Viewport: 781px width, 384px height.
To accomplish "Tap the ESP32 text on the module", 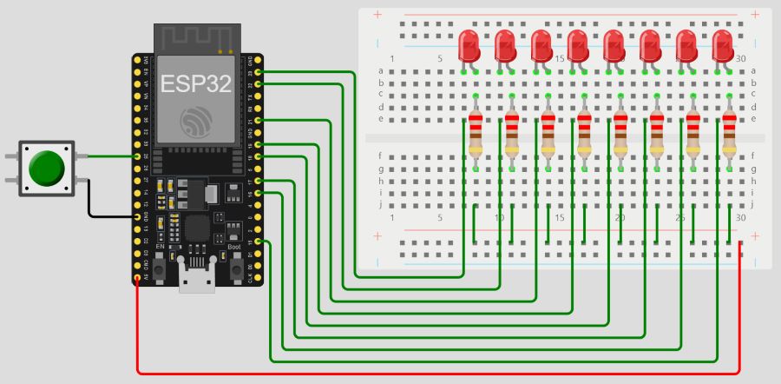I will click(195, 85).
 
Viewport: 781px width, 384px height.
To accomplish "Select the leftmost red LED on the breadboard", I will click(469, 45).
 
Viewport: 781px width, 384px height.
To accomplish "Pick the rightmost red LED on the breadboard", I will click(723, 45).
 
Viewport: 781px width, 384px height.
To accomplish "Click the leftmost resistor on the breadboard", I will click(476, 135).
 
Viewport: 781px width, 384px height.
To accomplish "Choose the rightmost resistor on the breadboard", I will click(730, 135).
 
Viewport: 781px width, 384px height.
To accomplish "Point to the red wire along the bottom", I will click(434, 374).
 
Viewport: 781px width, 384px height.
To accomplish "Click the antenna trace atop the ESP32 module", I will click(195, 38).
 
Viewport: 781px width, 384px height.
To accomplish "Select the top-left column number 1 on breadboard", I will click(392, 58).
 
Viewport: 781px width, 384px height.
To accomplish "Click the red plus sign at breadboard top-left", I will click(377, 15).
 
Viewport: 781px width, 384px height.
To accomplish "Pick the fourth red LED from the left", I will click(578, 45).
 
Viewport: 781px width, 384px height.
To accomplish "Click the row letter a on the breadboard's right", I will click(752, 70).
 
